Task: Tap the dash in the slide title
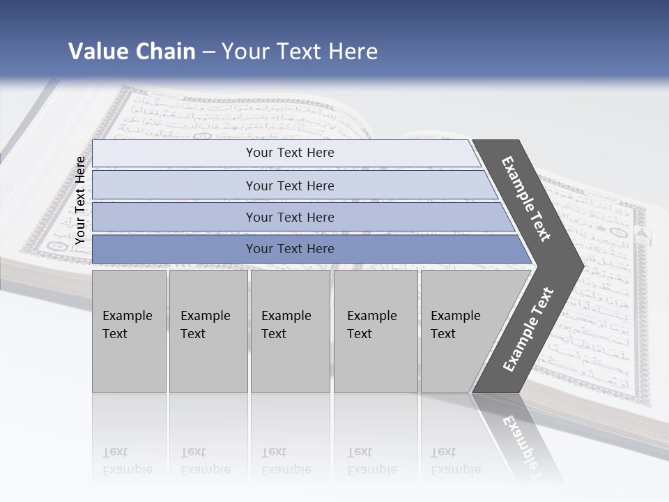208,52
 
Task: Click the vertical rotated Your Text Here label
80,200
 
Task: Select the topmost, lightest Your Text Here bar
290,153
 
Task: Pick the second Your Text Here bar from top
290,185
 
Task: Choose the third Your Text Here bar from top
290,217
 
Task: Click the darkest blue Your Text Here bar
290,249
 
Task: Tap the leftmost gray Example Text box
129,331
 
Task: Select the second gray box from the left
208,331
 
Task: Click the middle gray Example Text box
290,331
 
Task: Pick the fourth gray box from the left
375,331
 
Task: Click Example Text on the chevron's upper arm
526,199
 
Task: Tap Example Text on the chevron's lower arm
528,330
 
